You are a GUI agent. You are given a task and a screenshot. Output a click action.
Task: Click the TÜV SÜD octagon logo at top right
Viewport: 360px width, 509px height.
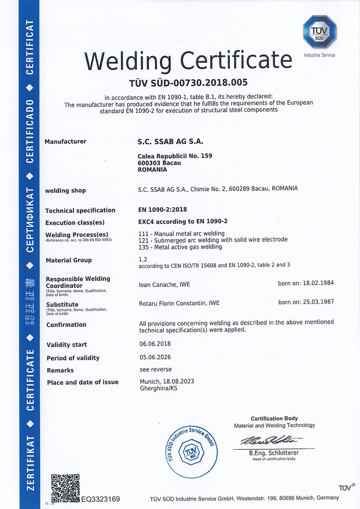tap(319, 32)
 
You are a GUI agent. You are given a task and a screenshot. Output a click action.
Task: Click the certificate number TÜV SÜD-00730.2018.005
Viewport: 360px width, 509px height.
tap(189, 82)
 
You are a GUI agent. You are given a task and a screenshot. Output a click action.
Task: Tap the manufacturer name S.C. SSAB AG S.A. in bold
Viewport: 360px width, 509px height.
tap(171, 142)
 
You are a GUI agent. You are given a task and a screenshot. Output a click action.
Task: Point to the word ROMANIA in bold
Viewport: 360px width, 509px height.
tap(152, 169)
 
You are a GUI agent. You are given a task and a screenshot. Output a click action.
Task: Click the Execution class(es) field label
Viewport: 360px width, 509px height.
tap(75, 222)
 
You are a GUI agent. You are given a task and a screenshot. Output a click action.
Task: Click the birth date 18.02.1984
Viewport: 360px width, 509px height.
tap(319, 283)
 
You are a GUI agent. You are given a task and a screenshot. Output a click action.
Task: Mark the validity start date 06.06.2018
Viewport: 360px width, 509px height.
tap(155, 344)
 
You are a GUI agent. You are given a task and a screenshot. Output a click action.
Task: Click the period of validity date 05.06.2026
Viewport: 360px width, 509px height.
tap(155, 357)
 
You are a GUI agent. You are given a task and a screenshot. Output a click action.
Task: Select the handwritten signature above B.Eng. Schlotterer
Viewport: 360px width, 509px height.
tap(271, 441)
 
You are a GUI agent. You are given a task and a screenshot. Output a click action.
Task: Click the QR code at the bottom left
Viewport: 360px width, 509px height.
tap(65, 487)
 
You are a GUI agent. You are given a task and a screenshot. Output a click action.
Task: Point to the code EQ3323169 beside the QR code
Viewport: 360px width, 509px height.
tap(101, 499)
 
